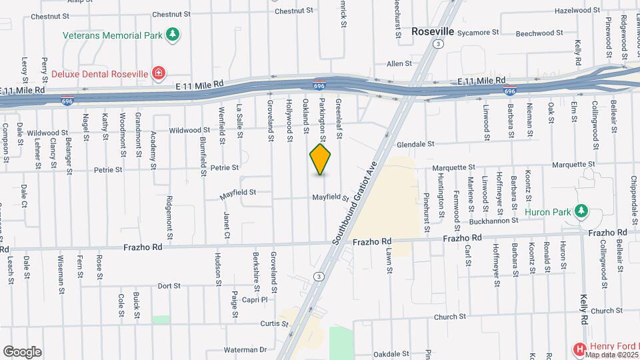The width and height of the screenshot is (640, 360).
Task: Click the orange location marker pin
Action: pos(321,159)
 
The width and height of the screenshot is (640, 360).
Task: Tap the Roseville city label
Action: pos(432,31)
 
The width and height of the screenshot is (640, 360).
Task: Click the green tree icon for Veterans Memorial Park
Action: pos(173,35)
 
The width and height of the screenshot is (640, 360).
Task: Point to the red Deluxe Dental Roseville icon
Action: pos(158,73)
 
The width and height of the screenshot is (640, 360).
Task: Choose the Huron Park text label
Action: pos(548,212)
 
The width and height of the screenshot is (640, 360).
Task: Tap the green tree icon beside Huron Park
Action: pos(582,212)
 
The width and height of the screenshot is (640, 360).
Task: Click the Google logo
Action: pos(22,352)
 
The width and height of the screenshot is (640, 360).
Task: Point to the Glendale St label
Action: pos(415,144)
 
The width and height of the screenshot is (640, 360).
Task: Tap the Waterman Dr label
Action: pos(245,349)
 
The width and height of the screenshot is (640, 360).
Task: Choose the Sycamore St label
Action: pos(479,32)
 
